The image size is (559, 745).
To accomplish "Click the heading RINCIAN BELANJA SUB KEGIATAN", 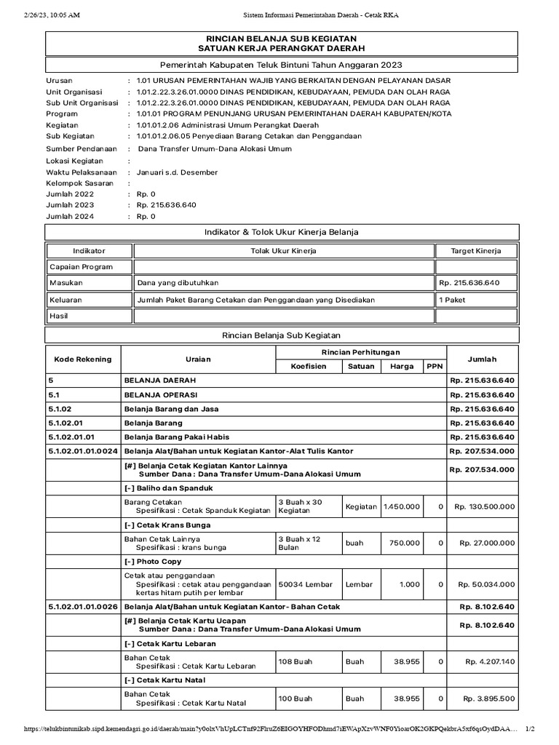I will (282, 38).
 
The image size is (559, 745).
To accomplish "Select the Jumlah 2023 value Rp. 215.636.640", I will (167, 204).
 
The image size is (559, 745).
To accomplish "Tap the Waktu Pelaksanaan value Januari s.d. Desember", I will (177, 172).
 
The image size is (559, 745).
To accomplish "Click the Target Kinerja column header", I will (476, 250).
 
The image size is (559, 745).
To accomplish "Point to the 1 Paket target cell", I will (452, 299).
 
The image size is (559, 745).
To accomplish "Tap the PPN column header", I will (434, 367).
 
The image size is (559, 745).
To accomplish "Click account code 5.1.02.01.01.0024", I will (82, 452).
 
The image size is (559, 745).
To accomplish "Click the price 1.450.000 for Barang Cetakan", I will (401, 506).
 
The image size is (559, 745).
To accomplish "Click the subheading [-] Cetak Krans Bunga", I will (167, 525).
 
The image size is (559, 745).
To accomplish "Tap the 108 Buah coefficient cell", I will (295, 661).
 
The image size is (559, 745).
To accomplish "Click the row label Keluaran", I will (66, 299).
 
